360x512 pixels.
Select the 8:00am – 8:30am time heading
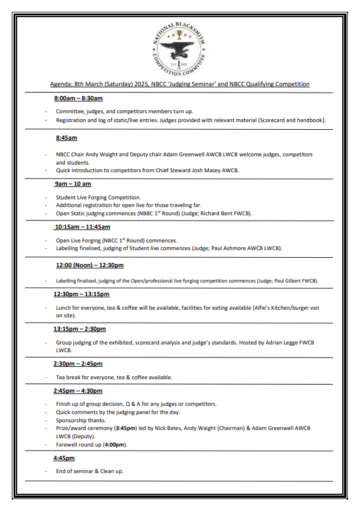[x=78, y=98]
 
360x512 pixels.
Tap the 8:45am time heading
[x=66, y=138]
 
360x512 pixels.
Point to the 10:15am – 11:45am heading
[x=82, y=227]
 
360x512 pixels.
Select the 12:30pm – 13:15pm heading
[x=81, y=294]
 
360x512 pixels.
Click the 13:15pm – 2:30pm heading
[x=80, y=329]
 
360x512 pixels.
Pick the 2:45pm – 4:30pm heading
[x=78, y=390]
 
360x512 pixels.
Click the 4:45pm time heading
[x=64, y=458]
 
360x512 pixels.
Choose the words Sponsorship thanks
[x=80, y=420]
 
